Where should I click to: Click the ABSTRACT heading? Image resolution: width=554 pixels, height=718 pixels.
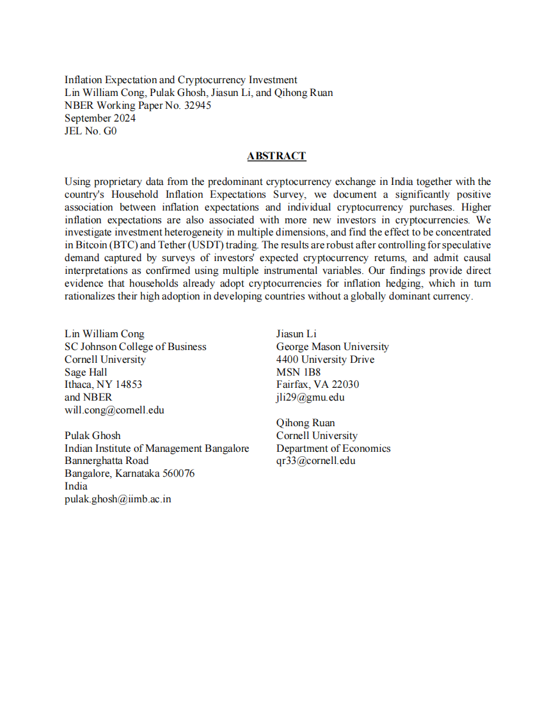point(276,156)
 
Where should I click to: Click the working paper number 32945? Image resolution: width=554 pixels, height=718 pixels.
point(196,106)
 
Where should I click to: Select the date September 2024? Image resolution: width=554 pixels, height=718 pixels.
point(100,118)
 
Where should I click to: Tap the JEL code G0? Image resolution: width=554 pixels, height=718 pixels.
point(110,131)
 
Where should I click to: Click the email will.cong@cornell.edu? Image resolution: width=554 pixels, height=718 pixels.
point(115,410)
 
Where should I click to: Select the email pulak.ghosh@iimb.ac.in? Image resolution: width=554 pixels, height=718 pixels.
point(118,499)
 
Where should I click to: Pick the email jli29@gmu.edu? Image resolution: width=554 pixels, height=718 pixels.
point(310,397)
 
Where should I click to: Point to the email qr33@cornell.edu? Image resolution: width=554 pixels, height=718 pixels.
point(316,461)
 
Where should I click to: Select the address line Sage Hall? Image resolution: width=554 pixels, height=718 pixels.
point(86,372)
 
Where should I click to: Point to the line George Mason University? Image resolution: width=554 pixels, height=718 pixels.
point(333,347)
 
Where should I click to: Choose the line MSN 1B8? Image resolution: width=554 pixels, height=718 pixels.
point(298,372)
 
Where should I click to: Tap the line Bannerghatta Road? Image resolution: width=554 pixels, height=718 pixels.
point(106,461)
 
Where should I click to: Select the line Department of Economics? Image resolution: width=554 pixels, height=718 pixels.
point(333,449)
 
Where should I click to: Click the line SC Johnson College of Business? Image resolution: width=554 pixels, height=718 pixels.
point(136,347)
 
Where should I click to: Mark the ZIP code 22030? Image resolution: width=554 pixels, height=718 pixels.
point(345,385)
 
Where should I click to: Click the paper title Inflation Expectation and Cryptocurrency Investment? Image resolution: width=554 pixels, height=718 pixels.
point(181,80)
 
